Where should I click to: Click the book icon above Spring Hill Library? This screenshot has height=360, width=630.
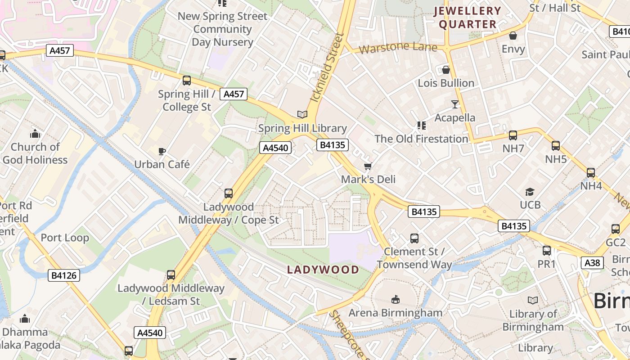(x=302, y=115)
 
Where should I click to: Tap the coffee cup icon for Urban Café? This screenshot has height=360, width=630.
(x=162, y=151)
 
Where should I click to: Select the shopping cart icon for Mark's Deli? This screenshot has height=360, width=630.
(x=368, y=166)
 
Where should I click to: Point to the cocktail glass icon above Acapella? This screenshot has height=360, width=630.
(x=455, y=104)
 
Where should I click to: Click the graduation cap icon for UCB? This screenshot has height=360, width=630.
(x=530, y=192)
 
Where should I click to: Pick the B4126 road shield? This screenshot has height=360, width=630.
(x=64, y=275)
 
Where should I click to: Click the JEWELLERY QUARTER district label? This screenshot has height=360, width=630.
(x=468, y=18)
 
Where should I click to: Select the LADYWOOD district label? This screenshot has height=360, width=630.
(x=323, y=270)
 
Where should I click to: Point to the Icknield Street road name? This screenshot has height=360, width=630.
(x=327, y=67)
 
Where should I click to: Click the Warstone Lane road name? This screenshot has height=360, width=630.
(x=398, y=47)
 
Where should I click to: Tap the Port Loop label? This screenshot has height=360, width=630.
(x=65, y=238)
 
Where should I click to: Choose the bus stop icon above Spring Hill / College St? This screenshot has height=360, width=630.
(x=186, y=81)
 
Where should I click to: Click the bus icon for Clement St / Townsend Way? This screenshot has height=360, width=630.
(x=414, y=238)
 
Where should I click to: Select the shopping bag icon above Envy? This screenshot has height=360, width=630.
(x=513, y=36)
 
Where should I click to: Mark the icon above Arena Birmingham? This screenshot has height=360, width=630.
(x=395, y=299)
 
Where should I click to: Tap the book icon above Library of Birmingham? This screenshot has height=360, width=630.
(x=532, y=300)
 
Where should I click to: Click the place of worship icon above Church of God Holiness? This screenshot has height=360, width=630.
(x=35, y=134)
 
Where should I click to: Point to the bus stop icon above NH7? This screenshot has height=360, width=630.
(x=513, y=135)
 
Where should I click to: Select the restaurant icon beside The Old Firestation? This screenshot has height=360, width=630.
(x=421, y=126)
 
